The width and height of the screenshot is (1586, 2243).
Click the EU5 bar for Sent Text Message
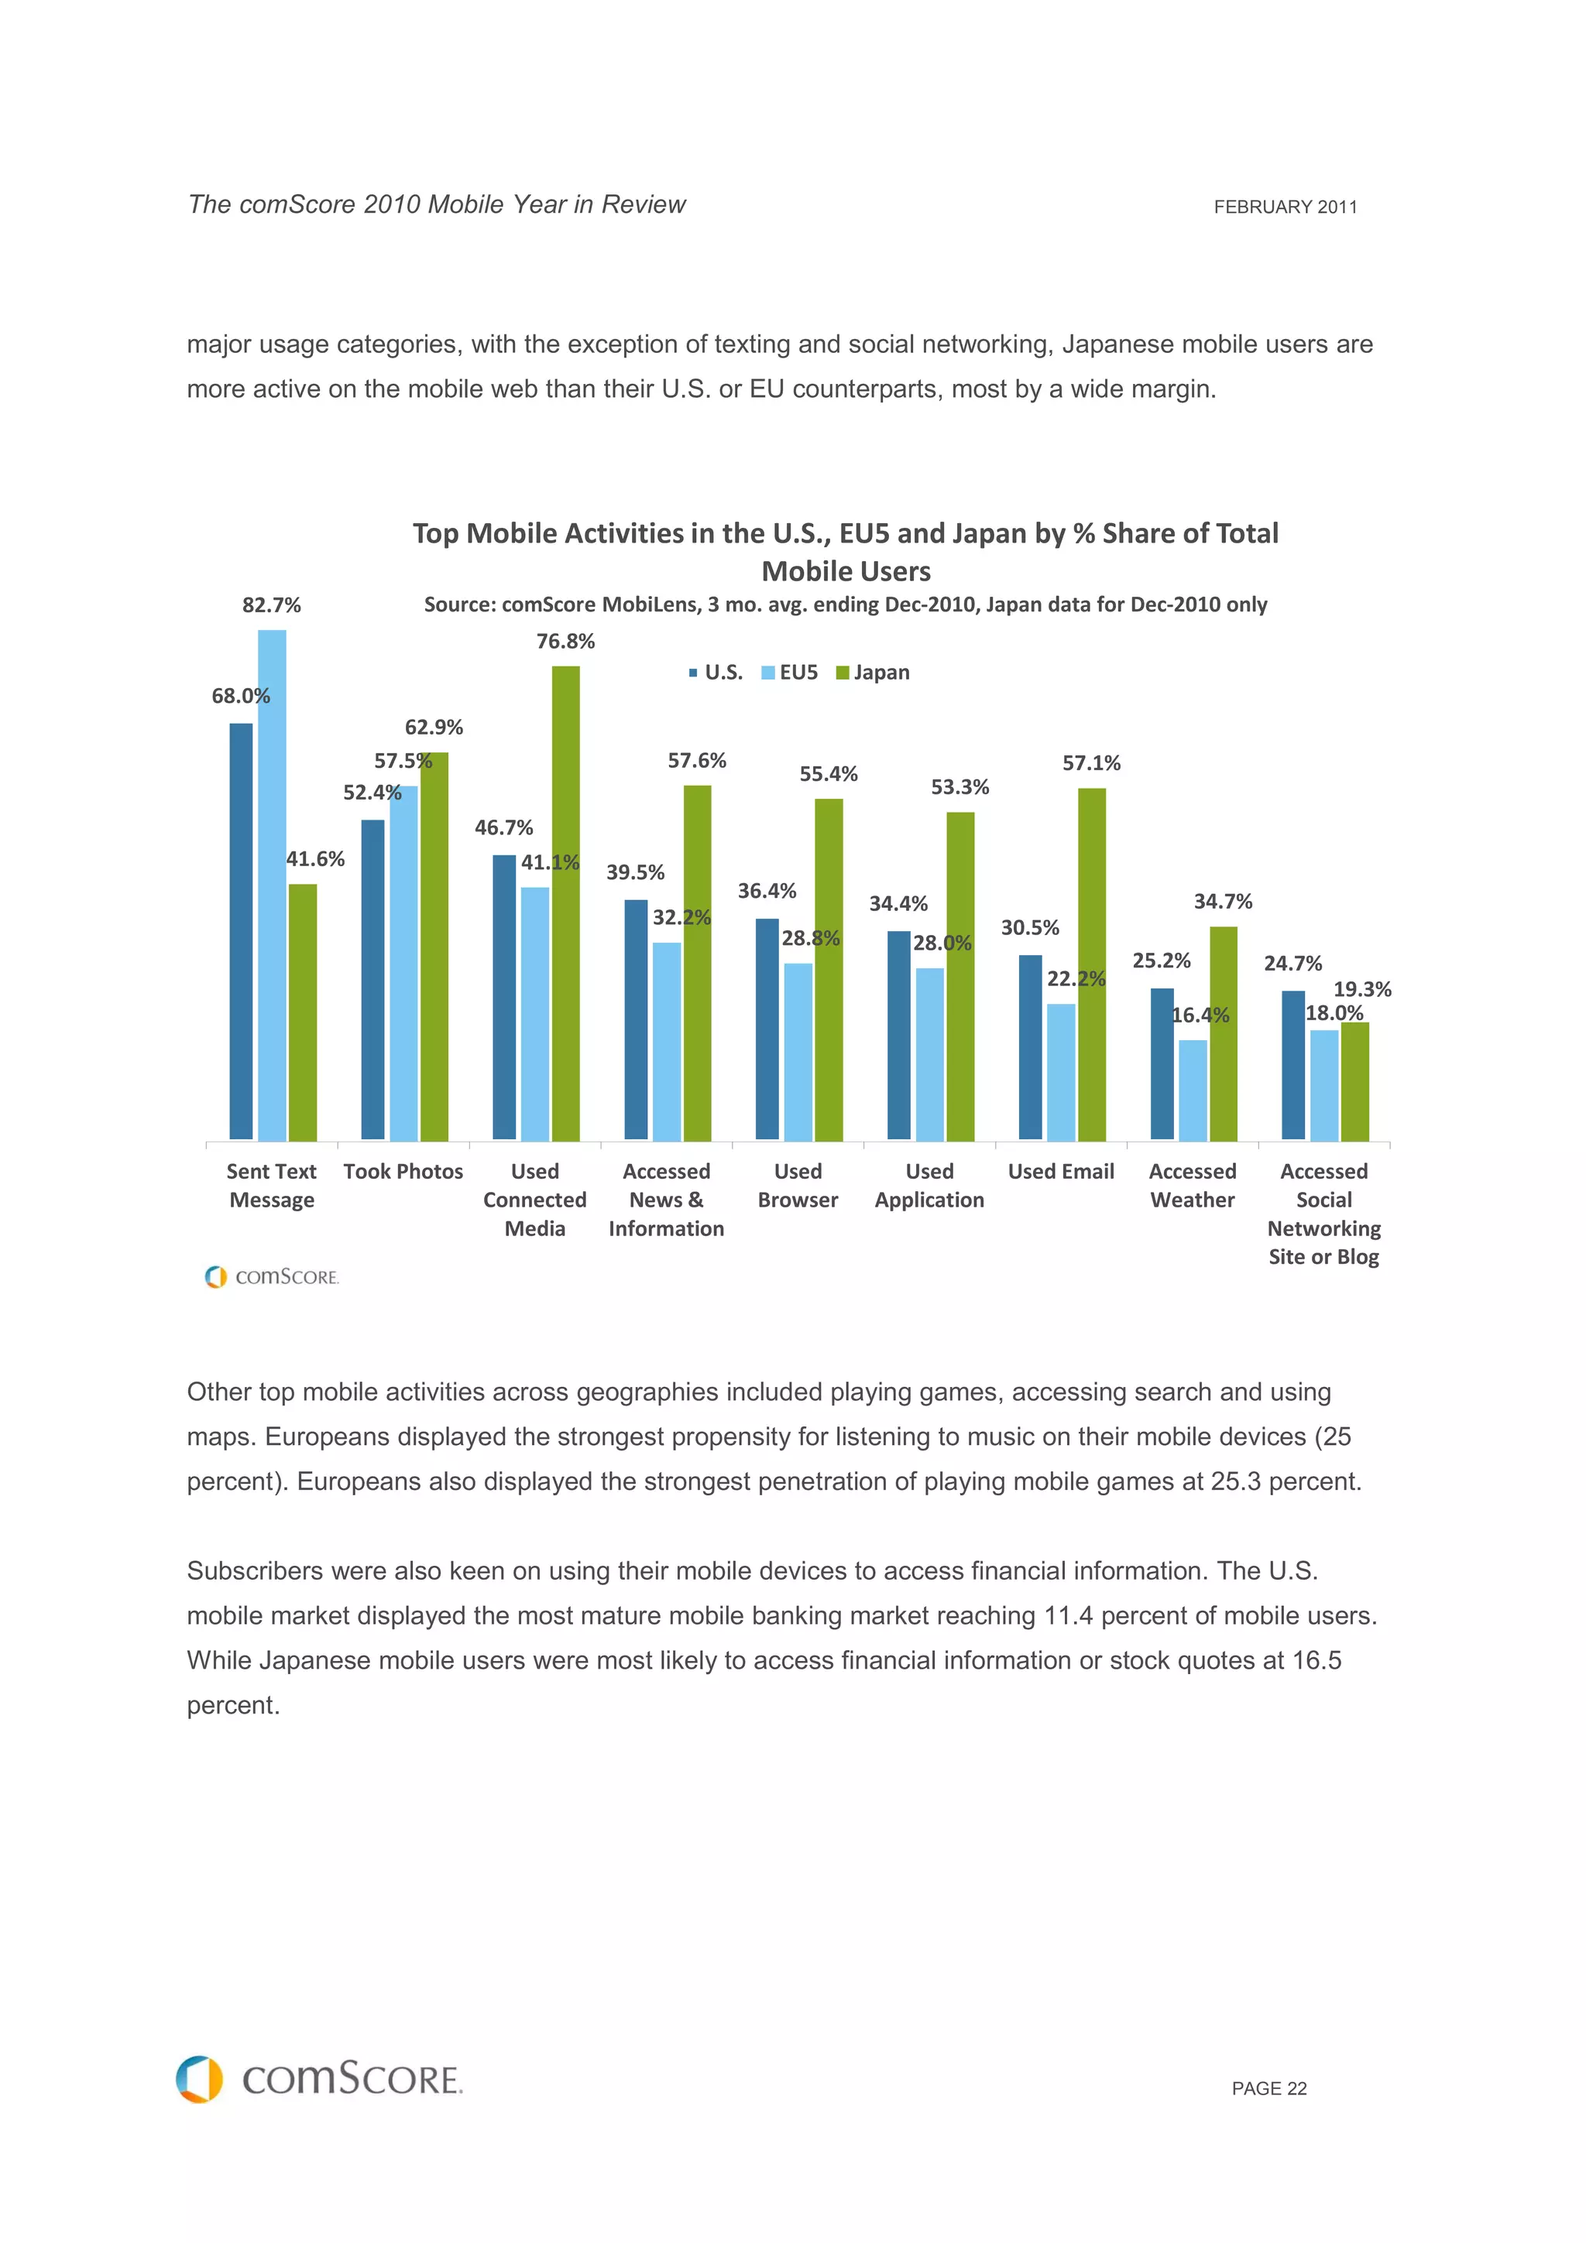click(x=272, y=884)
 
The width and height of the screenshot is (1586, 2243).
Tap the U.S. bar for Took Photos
click(x=372, y=979)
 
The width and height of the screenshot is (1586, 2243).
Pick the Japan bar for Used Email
click(x=1091, y=964)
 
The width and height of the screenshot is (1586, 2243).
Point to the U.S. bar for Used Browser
click(x=767, y=1029)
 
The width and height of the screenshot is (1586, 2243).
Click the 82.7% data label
click(x=272, y=606)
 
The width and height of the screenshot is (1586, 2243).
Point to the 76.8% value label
click(x=566, y=642)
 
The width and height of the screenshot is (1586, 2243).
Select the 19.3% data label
click(x=1362, y=990)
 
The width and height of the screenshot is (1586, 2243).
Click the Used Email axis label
click(x=1061, y=1171)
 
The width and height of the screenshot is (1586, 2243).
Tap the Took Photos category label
click(x=403, y=1171)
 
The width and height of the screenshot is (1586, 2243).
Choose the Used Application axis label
click(x=929, y=1186)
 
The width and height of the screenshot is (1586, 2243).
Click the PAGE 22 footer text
click(x=1268, y=2089)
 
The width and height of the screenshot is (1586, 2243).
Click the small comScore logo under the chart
click(x=272, y=1277)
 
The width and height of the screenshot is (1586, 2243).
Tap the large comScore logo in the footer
click(x=320, y=2079)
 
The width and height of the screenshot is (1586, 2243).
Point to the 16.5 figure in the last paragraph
click(x=1317, y=1661)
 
